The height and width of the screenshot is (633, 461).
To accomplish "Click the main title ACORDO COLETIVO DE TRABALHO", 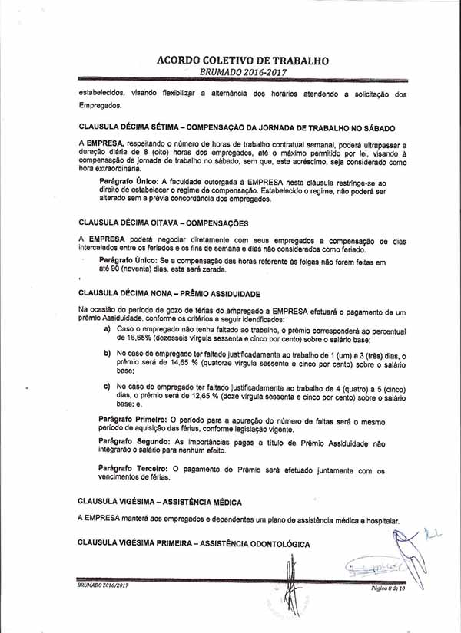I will pyautogui.click(x=243, y=59).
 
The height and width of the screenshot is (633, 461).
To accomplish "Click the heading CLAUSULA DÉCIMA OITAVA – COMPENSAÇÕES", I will pyautogui.click(x=163, y=223).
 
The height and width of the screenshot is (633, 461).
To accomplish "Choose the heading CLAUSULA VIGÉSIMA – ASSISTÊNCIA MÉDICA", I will pyautogui.click(x=160, y=502).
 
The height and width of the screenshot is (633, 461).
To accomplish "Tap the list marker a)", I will pyautogui.click(x=107, y=328).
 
